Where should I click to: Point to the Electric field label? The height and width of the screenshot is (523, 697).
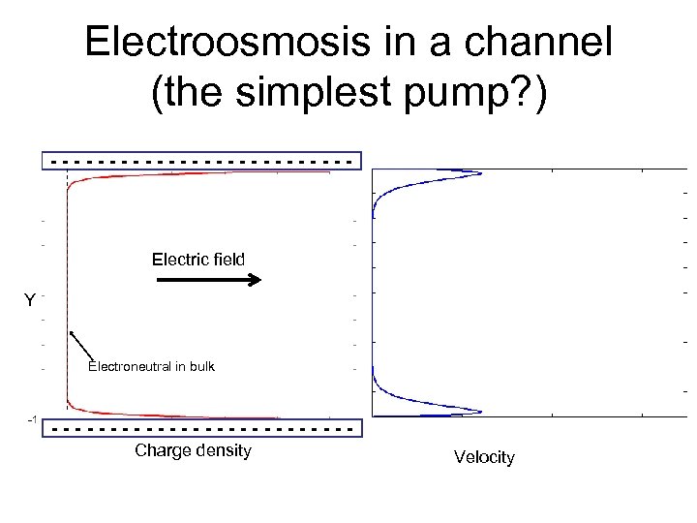click(198, 260)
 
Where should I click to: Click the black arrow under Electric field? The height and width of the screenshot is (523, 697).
click(209, 281)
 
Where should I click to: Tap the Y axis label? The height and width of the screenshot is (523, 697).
click(30, 301)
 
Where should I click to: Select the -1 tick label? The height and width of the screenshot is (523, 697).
click(32, 420)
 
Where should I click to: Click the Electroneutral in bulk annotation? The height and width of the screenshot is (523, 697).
click(151, 366)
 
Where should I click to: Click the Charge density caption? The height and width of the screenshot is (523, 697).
click(193, 450)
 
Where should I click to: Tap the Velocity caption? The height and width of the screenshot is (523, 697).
click(484, 457)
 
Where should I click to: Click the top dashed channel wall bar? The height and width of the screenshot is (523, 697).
click(201, 160)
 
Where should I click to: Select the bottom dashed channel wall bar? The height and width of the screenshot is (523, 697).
click(201, 427)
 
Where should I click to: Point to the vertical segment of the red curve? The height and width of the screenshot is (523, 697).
click(67, 291)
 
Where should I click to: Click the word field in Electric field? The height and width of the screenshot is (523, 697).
click(226, 260)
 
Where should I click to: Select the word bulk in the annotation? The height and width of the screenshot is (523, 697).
click(199, 366)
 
